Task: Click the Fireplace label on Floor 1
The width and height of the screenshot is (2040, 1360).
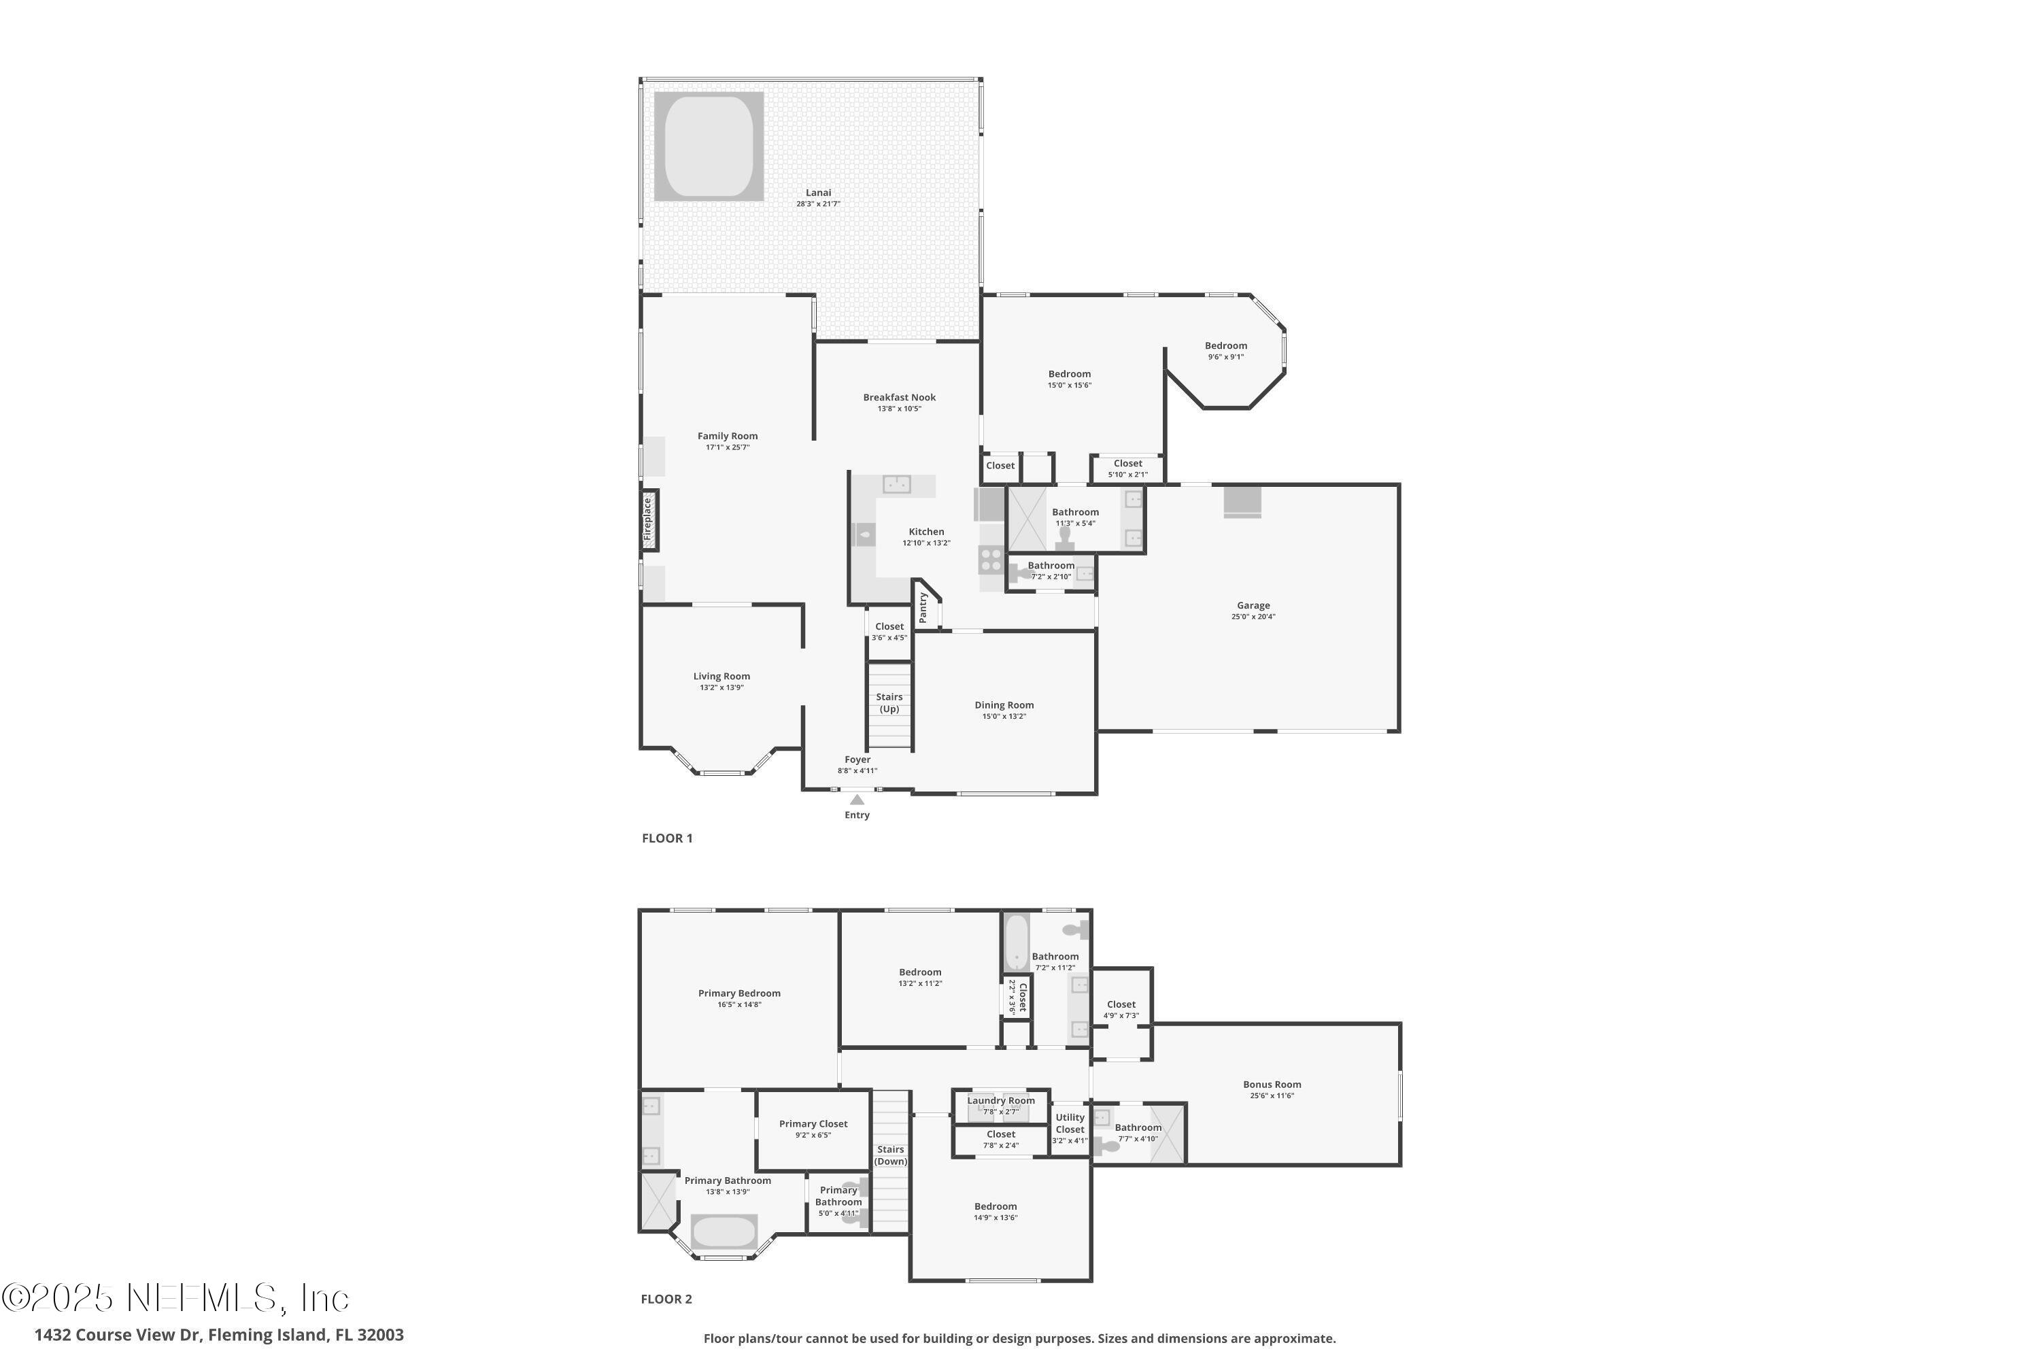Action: coord(647,519)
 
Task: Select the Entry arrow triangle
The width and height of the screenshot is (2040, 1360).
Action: coord(857,800)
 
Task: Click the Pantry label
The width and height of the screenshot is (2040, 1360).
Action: coord(923,607)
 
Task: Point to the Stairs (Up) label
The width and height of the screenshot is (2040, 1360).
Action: coord(889,702)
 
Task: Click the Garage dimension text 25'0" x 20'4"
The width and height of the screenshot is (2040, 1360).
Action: coord(1253,617)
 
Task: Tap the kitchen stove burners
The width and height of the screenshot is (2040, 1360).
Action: coord(991,560)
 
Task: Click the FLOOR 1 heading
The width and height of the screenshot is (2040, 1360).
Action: coord(667,838)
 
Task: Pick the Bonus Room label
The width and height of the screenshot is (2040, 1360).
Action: coord(1272,1084)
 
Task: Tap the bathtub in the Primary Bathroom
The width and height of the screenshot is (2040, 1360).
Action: coord(724,1231)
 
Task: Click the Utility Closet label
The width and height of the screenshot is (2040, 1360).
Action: coord(1070,1123)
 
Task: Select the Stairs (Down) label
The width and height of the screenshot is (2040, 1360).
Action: coord(890,1155)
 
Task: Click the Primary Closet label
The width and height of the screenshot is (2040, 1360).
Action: coord(813,1123)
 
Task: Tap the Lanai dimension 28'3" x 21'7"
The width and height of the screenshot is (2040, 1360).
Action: coord(818,204)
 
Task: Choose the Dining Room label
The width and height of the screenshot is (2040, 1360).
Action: coord(1004,705)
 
